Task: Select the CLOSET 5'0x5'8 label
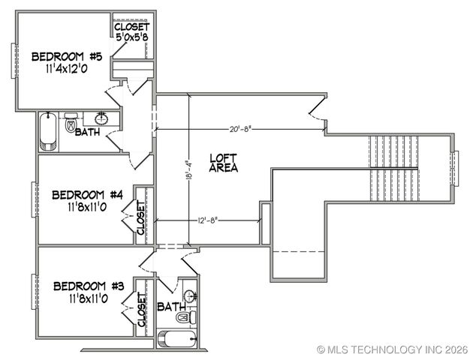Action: tap(132, 32)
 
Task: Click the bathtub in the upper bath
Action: tap(48, 131)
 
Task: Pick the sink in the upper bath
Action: tap(101, 118)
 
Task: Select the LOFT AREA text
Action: tap(224, 163)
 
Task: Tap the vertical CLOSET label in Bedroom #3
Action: tap(141, 309)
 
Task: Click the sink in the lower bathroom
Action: tap(190, 295)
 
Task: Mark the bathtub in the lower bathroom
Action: tap(176, 338)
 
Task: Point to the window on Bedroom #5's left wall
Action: tap(13, 60)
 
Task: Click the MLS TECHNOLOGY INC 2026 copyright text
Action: tap(393, 349)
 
